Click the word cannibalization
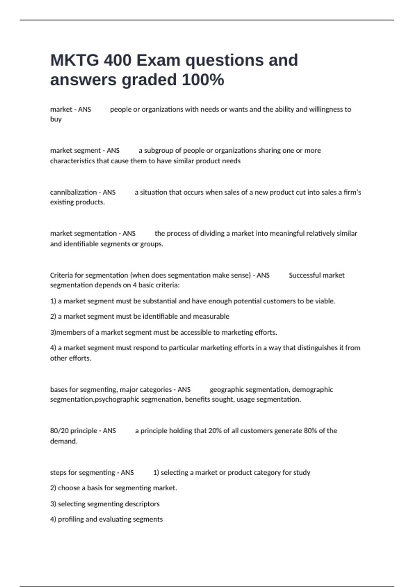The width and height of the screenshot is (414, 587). pos(73,192)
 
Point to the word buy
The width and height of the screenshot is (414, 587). pos(56,119)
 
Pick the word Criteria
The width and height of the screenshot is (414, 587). pos(61,275)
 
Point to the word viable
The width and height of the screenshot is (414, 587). pos(325,301)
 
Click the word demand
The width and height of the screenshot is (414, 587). pos(63,441)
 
